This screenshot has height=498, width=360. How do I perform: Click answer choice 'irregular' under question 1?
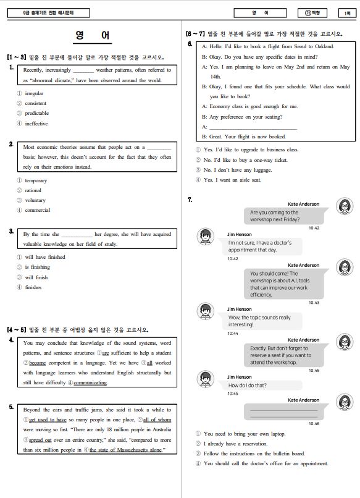point(34,93)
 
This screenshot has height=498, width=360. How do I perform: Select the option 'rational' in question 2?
point(33,190)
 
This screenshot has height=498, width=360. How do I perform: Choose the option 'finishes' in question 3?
point(33,287)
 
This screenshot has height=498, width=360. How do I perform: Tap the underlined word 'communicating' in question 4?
point(90,382)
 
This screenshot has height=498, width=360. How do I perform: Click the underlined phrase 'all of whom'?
point(157,420)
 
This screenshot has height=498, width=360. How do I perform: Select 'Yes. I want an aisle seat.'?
point(232,180)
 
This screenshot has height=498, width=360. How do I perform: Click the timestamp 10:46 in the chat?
point(314,423)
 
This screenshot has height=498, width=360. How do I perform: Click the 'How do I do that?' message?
point(247,386)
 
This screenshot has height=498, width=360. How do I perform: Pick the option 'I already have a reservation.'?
point(235,444)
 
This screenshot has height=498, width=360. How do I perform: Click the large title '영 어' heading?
point(93,35)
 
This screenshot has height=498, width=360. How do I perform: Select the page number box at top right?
point(347,13)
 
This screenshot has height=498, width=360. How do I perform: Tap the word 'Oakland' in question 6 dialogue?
point(324,46)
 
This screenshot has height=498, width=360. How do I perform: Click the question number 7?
point(190,200)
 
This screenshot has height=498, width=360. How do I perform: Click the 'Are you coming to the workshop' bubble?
point(284,216)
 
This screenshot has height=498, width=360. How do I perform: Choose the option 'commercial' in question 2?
point(38,210)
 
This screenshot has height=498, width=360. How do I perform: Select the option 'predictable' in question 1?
point(37,114)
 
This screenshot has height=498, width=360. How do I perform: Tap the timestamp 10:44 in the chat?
point(233,333)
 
